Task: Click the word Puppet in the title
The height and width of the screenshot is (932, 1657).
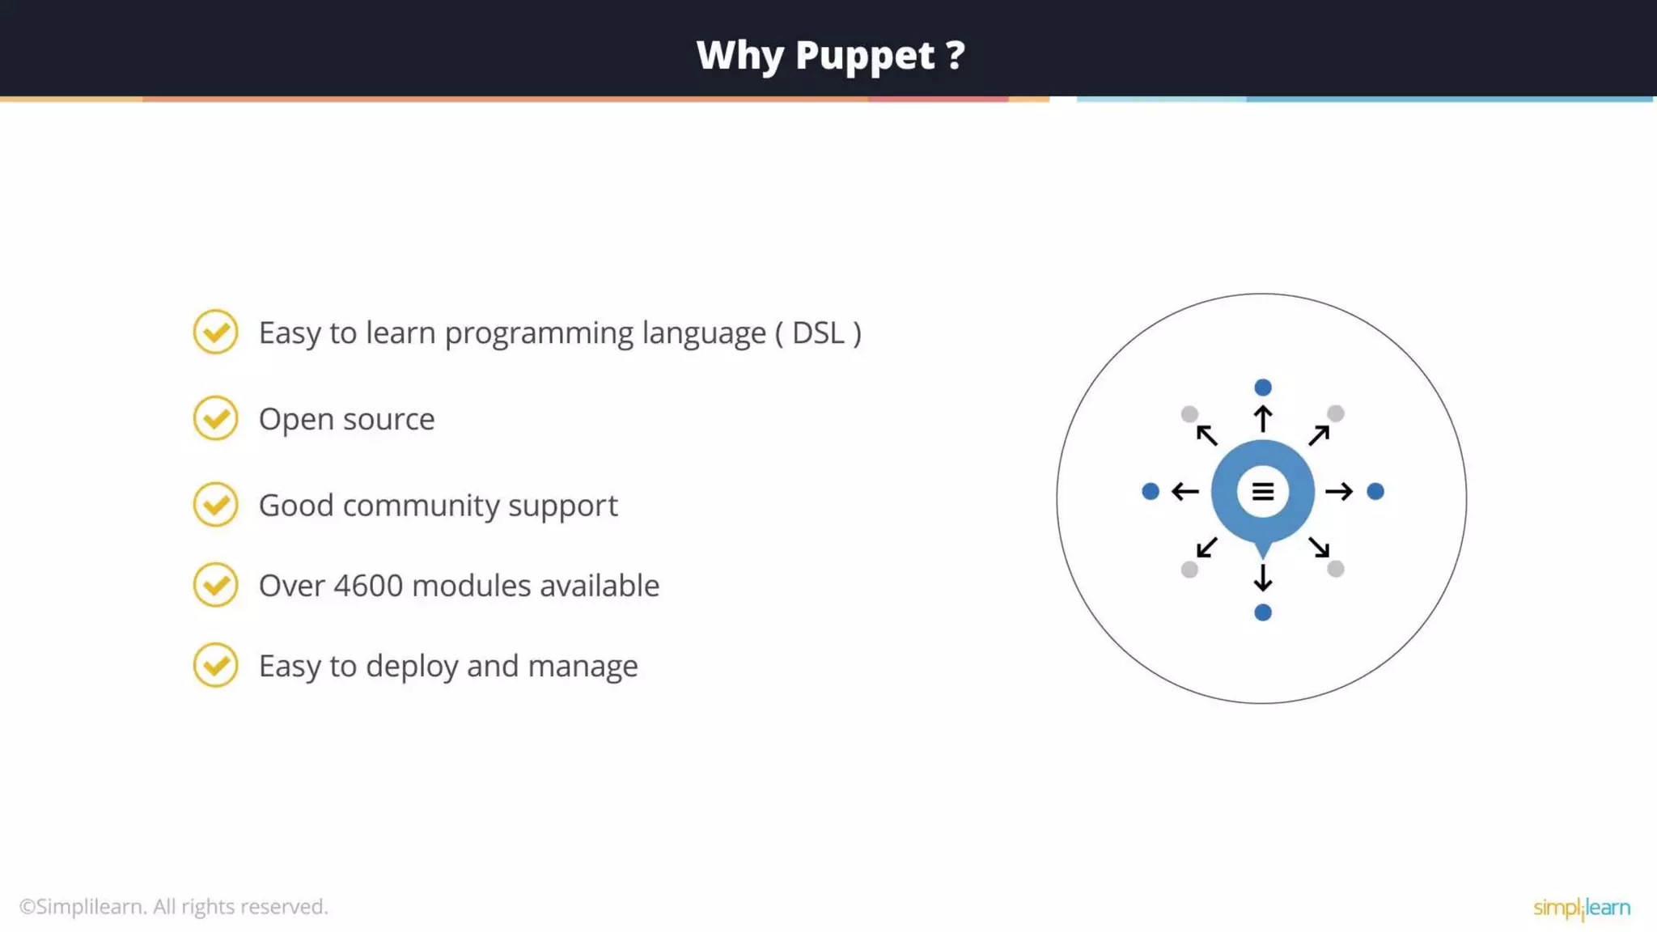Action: [x=865, y=56]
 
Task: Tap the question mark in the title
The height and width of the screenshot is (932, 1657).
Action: [x=956, y=55]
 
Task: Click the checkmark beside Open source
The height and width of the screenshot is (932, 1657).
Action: [x=216, y=418]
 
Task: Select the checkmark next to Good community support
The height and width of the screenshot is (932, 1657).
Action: [x=216, y=505]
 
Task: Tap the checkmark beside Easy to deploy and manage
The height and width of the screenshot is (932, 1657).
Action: [x=216, y=665]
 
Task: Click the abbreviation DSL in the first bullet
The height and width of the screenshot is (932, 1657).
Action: [x=818, y=333]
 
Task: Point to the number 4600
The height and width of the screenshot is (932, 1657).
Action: [x=368, y=586]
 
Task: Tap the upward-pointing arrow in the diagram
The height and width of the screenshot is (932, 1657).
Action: [x=1262, y=419]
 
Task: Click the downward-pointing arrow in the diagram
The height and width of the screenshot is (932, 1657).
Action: [x=1262, y=578]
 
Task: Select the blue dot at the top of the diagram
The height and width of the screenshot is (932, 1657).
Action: [x=1262, y=388]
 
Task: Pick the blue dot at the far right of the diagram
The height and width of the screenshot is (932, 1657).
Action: [x=1375, y=491]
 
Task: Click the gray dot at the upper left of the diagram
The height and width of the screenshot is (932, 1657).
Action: [x=1189, y=414]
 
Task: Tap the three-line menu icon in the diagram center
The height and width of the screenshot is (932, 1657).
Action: [x=1262, y=491]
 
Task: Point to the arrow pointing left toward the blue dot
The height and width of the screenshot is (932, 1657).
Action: [x=1185, y=491]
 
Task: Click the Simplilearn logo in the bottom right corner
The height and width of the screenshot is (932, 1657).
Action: [x=1582, y=908]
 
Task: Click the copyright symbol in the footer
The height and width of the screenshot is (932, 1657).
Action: [x=27, y=907]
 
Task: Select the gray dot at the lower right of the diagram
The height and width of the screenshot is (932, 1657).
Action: [x=1336, y=569]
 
